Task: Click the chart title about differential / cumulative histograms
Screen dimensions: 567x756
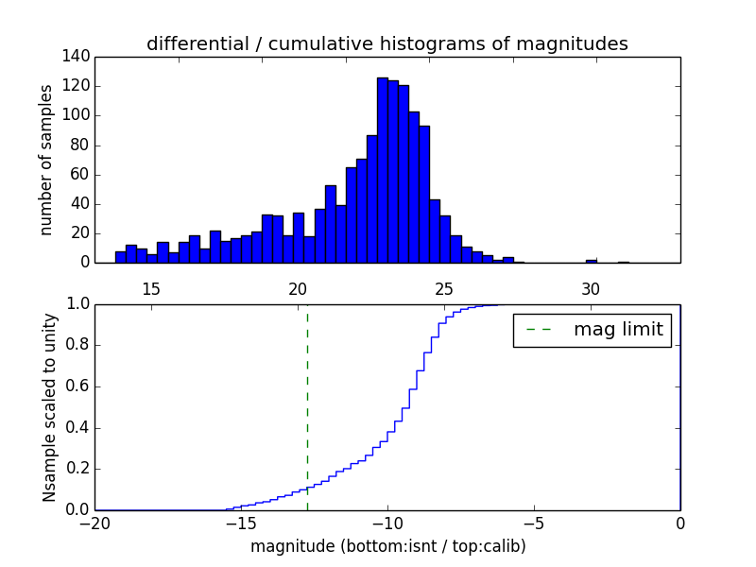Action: point(387,43)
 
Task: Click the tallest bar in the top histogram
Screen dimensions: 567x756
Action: point(383,170)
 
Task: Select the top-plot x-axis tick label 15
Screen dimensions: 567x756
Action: point(151,288)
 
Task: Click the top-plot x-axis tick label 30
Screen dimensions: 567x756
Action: point(591,288)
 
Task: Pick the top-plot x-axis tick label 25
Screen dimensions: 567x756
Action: point(444,288)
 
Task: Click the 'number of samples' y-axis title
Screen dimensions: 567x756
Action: point(45,160)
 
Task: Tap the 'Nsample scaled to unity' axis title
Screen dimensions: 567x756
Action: point(49,407)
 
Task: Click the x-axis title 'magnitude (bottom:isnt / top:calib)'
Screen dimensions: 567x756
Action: point(387,546)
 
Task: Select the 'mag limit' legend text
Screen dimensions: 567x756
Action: point(618,331)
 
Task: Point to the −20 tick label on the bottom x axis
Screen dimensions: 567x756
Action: point(94,524)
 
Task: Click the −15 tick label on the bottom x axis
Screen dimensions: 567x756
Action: point(241,524)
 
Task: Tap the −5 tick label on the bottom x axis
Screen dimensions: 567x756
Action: point(534,524)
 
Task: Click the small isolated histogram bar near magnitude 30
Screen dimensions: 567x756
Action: point(591,261)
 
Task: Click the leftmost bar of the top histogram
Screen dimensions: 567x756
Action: point(120,257)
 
